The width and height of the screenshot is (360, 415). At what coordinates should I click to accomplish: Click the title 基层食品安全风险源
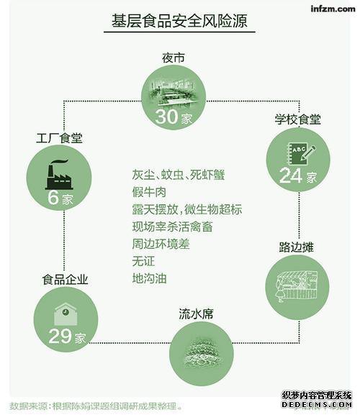tap(179, 21)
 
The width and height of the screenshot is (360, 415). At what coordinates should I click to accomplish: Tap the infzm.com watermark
tap(333, 9)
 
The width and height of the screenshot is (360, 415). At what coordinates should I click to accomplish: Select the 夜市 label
tap(174, 58)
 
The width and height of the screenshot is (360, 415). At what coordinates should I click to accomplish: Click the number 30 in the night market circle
tap(166, 117)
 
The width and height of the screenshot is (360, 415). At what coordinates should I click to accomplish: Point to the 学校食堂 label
tap(298, 119)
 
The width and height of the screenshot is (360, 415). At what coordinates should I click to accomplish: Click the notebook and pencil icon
tap(302, 153)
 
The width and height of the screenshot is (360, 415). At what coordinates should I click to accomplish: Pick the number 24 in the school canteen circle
tap(291, 175)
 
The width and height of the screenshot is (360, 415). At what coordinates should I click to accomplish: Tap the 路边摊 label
tap(296, 247)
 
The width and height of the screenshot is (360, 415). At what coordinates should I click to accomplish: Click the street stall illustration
tap(297, 286)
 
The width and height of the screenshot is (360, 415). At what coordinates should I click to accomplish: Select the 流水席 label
tap(196, 314)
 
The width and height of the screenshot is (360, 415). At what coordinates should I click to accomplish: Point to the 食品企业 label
tap(66, 280)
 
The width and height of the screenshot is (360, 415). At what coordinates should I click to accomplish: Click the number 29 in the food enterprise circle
tap(60, 336)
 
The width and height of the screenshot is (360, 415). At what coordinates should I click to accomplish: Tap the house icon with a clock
tap(66, 314)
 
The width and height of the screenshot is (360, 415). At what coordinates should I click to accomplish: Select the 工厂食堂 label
tap(59, 138)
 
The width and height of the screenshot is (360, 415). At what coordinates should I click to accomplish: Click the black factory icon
tap(59, 175)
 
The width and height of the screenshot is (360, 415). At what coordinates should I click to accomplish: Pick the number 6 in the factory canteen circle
tap(53, 197)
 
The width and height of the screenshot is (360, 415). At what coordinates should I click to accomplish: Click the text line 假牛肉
tap(149, 192)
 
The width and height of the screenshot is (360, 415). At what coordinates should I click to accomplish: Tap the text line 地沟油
tap(150, 278)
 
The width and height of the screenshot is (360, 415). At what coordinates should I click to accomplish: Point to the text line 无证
tap(143, 261)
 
